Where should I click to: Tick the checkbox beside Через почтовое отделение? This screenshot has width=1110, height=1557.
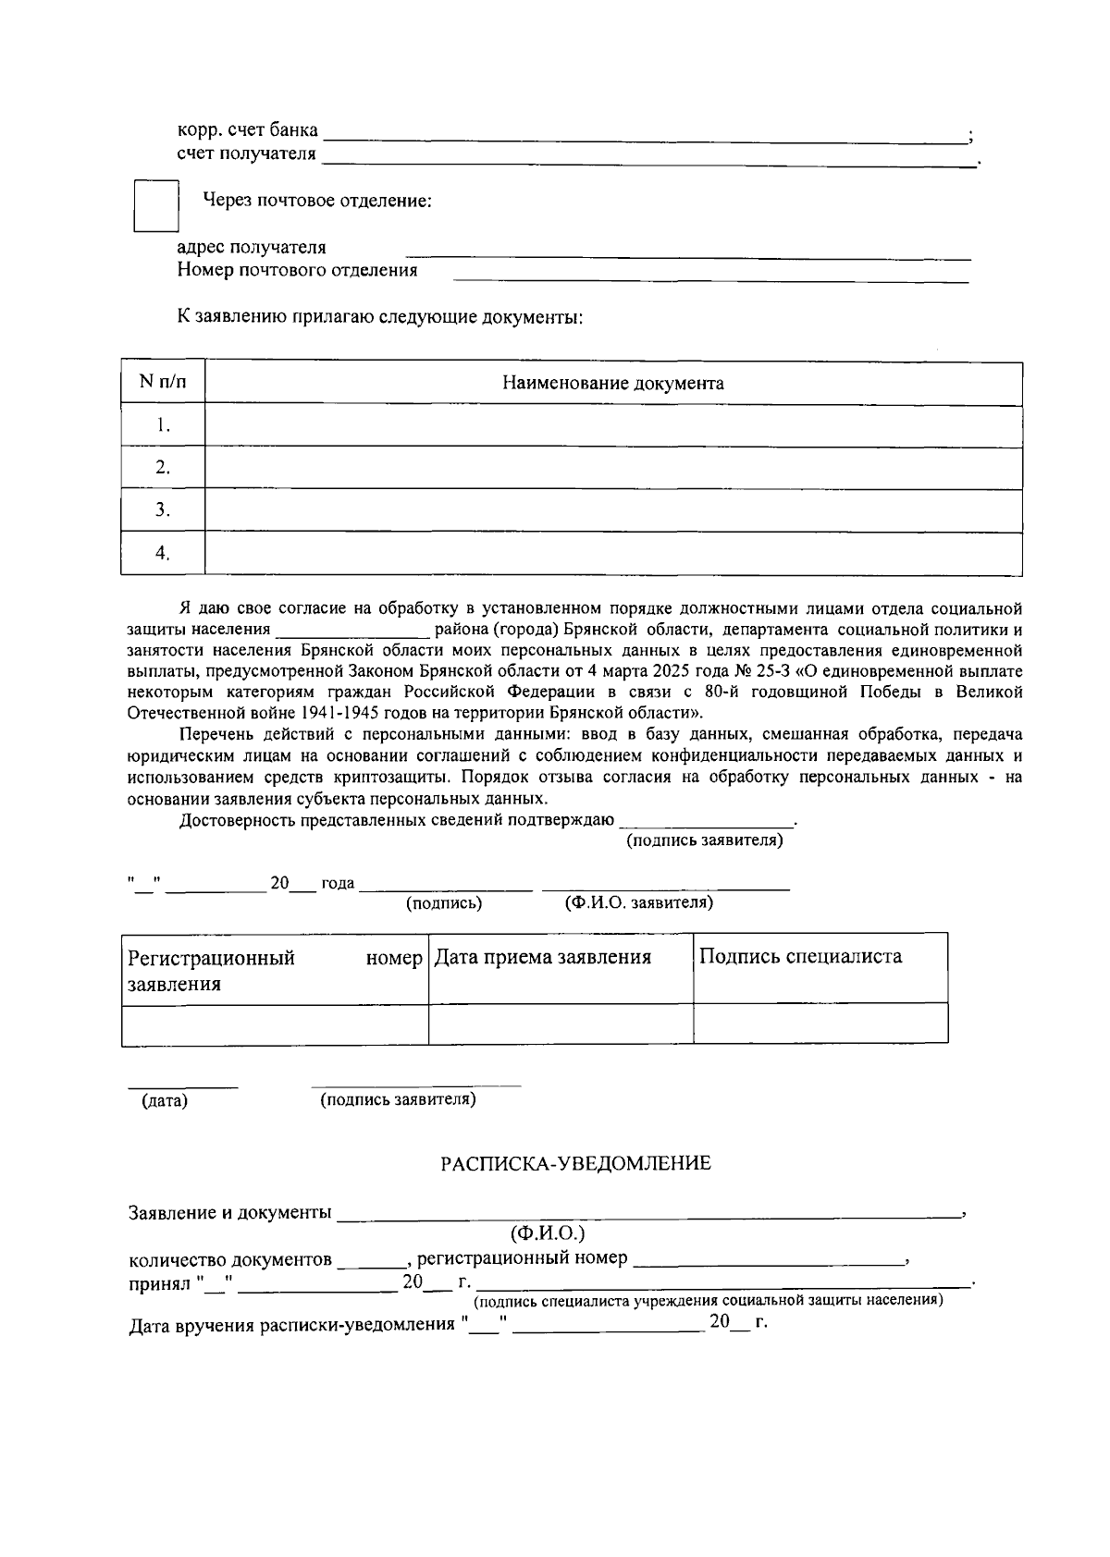tap(155, 205)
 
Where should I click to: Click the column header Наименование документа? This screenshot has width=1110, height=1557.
tap(612, 383)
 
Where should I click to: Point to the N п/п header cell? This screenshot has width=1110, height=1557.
tap(163, 382)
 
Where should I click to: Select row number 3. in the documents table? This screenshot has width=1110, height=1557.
tap(163, 509)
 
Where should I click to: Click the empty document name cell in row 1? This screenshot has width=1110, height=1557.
tap(612, 425)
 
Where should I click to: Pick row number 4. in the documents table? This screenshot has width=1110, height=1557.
tap(163, 553)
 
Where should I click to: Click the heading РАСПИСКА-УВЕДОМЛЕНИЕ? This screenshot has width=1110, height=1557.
tap(575, 1163)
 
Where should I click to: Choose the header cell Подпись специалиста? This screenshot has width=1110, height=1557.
tap(800, 956)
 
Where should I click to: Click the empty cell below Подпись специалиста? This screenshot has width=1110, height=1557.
tap(820, 1024)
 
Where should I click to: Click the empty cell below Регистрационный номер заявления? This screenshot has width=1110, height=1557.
tap(275, 1024)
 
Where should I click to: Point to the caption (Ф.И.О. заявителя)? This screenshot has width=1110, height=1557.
tap(638, 902)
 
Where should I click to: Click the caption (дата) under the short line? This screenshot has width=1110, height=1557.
tap(165, 1101)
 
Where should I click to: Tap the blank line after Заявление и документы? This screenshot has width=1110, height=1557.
tap(647, 1214)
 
